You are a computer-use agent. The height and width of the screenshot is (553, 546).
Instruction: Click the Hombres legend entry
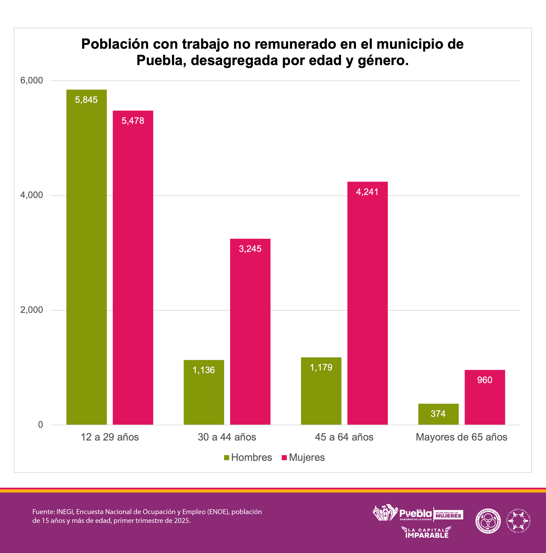[248, 458]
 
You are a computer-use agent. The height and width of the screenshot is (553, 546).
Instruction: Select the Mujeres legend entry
[303, 458]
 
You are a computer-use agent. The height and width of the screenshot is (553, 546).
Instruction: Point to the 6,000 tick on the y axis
[32, 80]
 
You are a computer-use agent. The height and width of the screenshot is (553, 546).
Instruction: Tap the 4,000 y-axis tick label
[32, 195]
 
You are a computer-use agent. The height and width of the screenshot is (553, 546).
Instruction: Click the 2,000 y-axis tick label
[32, 310]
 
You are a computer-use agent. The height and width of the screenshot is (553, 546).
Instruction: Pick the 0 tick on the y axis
[40, 425]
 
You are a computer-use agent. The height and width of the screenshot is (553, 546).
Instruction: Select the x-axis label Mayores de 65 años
[461, 437]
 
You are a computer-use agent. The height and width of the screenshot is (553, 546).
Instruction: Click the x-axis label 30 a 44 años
[227, 437]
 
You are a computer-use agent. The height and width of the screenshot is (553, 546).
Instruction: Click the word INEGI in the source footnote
[65, 512]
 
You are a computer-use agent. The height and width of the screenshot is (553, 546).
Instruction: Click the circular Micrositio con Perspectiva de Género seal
[488, 521]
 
